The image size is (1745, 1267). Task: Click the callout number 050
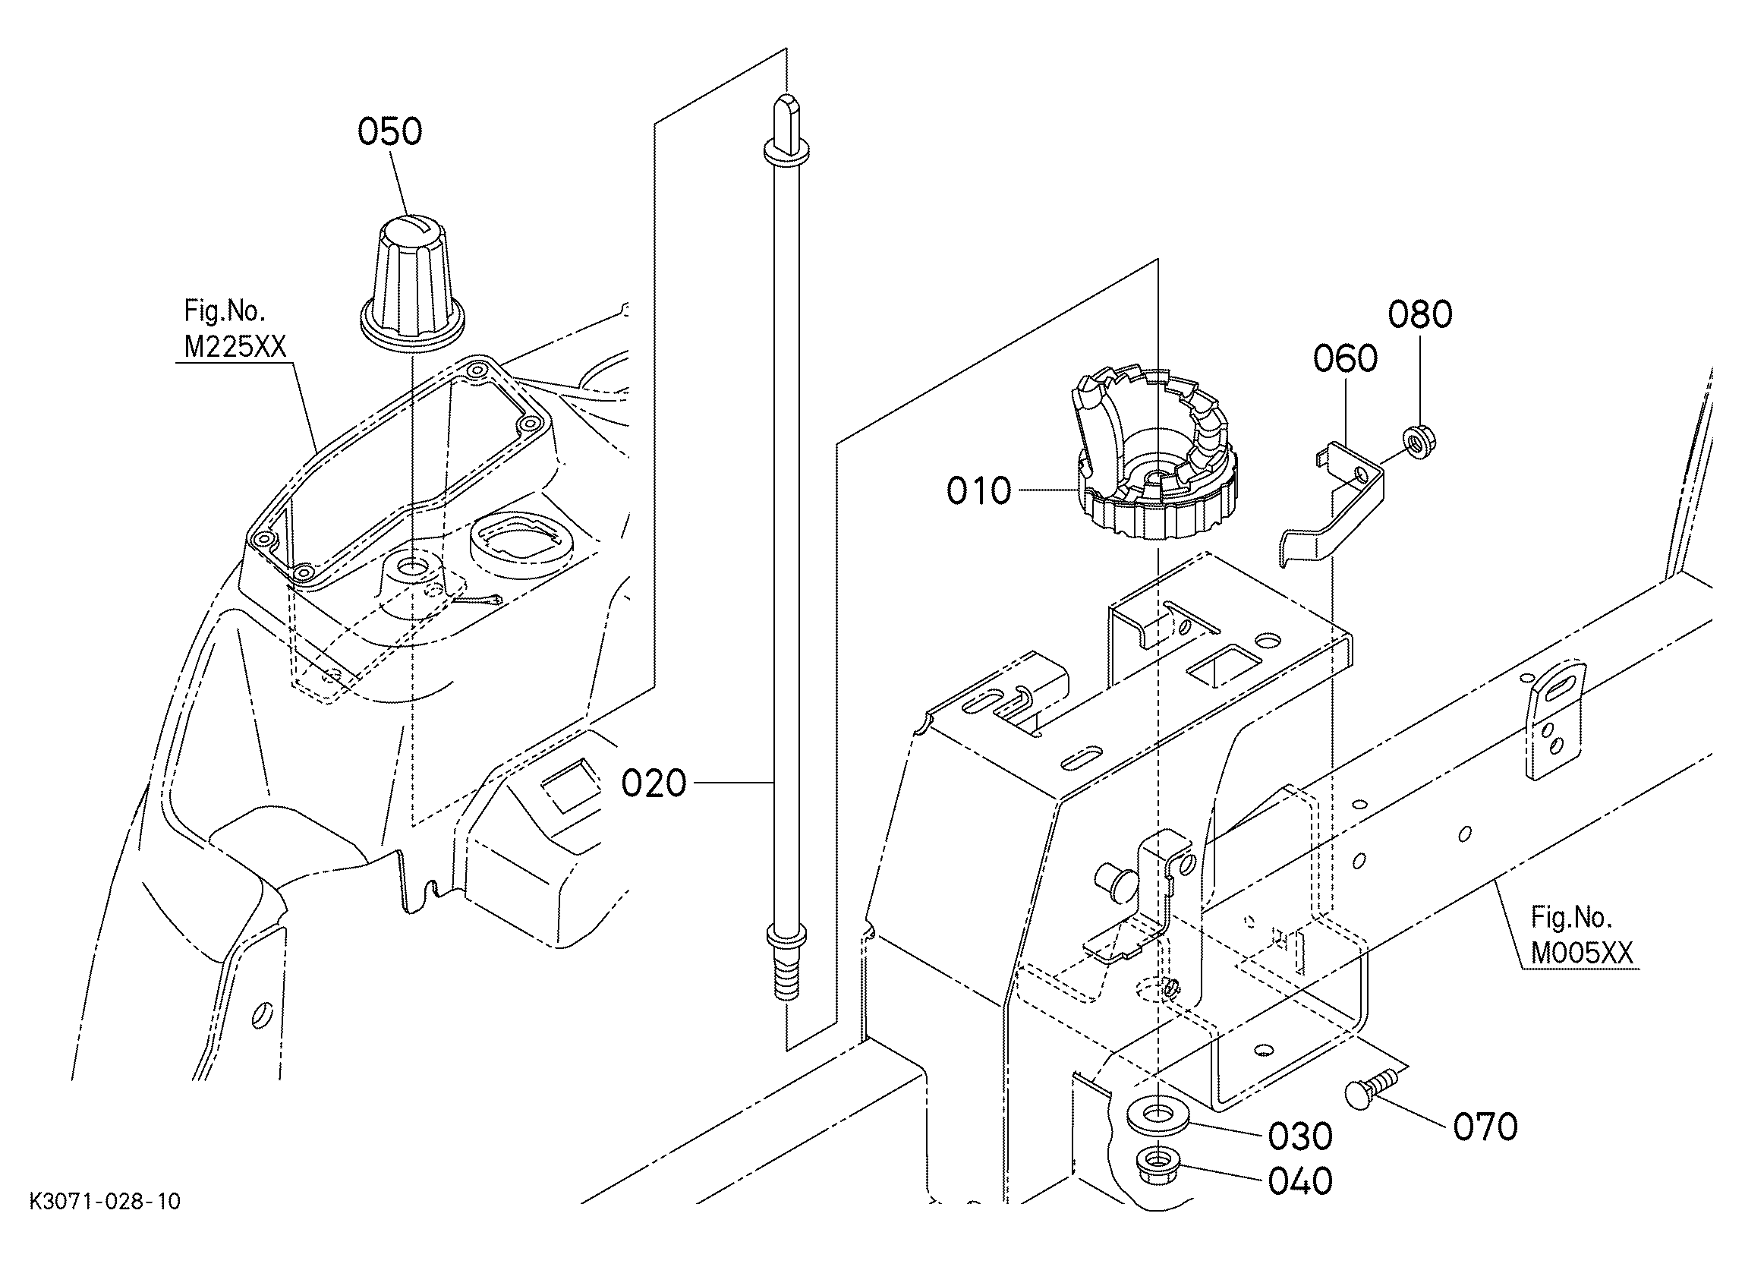(389, 131)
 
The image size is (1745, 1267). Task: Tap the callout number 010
(978, 491)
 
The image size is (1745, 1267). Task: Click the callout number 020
(654, 783)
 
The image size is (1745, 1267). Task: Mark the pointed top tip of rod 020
(786, 96)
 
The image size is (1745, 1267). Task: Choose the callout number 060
(1345, 360)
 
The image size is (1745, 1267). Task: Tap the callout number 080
(1419, 315)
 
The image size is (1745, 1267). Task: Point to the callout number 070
(1485, 1127)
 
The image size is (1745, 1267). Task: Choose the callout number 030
(1300, 1137)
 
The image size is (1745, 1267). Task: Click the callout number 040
(1300, 1181)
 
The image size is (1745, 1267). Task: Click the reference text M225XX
(235, 348)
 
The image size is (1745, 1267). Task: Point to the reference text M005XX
(1582, 954)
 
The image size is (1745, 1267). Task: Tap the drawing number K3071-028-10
(105, 1202)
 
